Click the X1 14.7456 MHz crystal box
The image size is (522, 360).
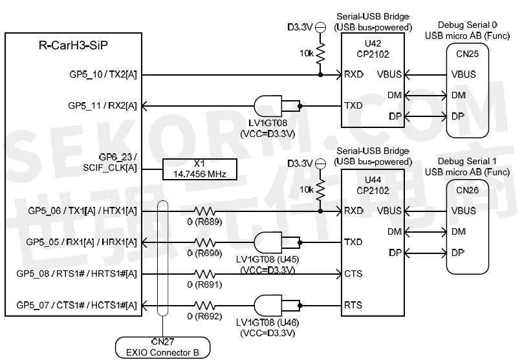(200, 169)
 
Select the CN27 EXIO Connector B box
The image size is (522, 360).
(163, 347)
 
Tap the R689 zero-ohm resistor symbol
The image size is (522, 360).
(205, 211)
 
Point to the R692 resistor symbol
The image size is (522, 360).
(205, 306)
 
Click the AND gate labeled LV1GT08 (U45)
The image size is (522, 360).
(268, 242)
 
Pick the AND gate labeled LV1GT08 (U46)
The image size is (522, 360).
(268, 306)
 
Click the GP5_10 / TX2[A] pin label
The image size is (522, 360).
(103, 74)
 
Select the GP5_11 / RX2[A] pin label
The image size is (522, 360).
(102, 106)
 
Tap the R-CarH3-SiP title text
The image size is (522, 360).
(73, 45)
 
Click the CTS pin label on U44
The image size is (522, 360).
(353, 273)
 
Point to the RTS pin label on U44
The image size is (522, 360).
(353, 305)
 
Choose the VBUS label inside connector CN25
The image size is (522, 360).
(463, 74)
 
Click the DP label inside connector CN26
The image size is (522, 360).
(458, 253)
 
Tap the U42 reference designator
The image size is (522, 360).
(373, 43)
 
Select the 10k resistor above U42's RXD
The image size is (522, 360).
(320, 53)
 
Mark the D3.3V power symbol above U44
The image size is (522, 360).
(320, 164)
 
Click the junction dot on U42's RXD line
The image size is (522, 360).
(320, 74)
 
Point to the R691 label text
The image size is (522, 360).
(204, 284)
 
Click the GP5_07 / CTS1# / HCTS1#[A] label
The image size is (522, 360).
(76, 305)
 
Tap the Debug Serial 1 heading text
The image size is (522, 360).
(467, 161)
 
